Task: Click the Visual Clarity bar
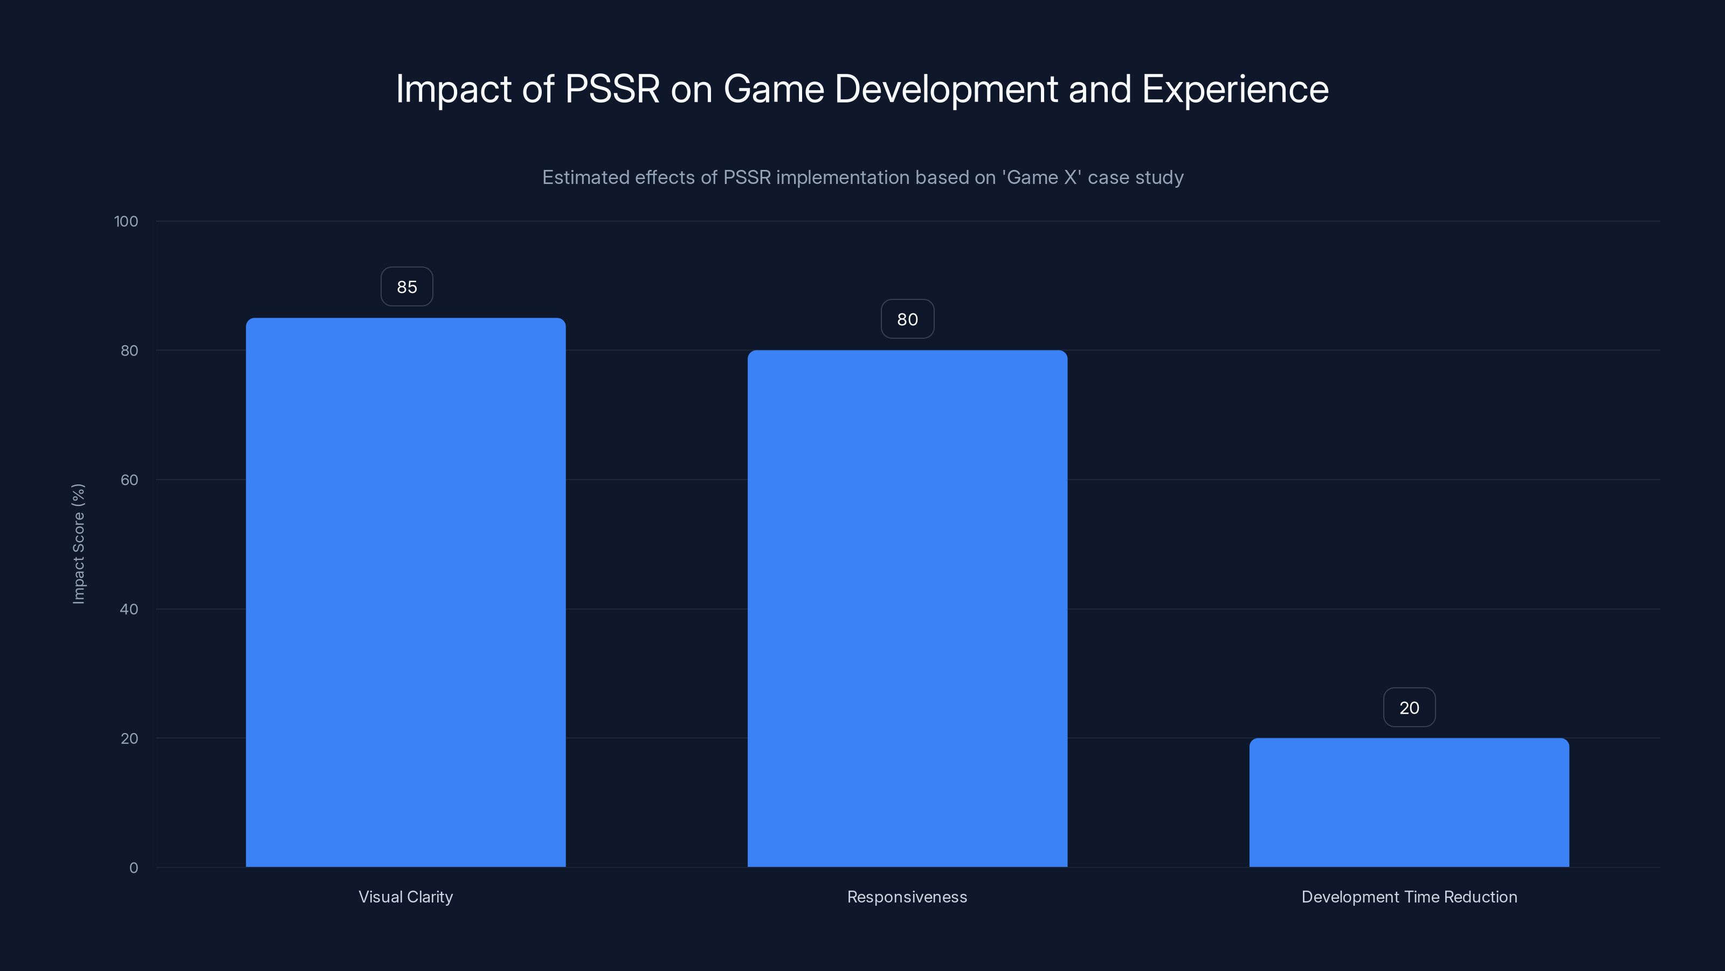pos(405,592)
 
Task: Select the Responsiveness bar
pos(907,608)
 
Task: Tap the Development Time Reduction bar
pos(1409,802)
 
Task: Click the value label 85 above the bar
pos(406,287)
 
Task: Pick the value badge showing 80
pos(907,319)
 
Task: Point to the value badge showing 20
pos(1409,708)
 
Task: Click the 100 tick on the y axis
pos(126,221)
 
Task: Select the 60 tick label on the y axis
pos(129,480)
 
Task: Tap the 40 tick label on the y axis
pos(129,609)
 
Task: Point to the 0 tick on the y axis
pos(133,868)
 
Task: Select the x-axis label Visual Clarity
pos(405,897)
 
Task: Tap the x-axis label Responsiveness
pos(907,897)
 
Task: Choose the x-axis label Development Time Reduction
pos(1409,897)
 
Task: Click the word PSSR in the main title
pos(612,89)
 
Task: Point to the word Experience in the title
pos(1235,89)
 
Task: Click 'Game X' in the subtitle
pos(1041,177)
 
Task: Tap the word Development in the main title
pos(946,89)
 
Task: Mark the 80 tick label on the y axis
pos(129,351)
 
